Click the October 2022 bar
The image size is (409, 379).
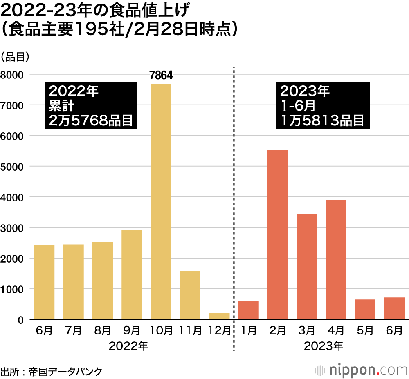tap(161, 201)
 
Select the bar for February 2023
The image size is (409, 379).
tap(277, 234)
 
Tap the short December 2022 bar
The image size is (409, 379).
tap(219, 316)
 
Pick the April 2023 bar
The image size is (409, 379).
tap(336, 259)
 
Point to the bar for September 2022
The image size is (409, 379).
tap(132, 274)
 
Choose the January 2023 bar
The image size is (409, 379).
tap(248, 310)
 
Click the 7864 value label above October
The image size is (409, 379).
tap(161, 76)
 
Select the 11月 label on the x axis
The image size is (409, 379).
tap(190, 330)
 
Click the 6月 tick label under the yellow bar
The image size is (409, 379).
tap(44, 330)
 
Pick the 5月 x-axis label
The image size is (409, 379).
tap(365, 330)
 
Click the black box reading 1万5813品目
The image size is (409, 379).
tap(323, 105)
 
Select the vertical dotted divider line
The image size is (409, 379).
tap(234, 204)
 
